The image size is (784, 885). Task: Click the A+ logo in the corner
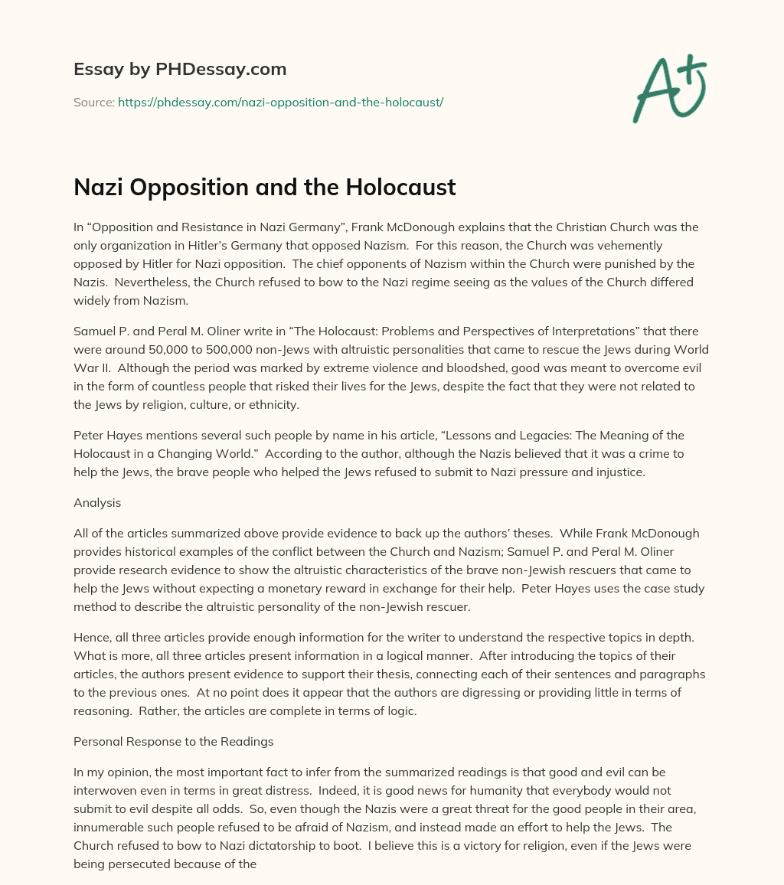(x=668, y=87)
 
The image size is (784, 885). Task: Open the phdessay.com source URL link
(x=280, y=102)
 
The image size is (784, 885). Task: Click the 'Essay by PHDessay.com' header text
(x=180, y=69)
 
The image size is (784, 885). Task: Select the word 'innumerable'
(x=108, y=827)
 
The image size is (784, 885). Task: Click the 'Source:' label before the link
(x=94, y=102)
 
